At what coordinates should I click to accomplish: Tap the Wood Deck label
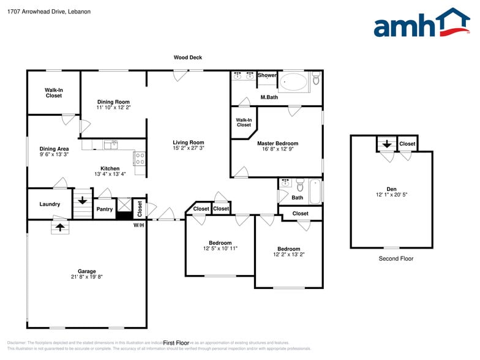click(187, 58)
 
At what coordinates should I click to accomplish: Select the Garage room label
click(86, 271)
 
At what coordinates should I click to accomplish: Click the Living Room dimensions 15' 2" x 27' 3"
click(188, 148)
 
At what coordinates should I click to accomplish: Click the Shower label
click(267, 75)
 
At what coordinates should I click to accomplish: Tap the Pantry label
click(105, 209)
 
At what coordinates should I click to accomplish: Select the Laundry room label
click(50, 204)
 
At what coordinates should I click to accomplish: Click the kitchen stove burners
click(140, 159)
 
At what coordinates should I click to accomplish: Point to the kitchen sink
click(110, 145)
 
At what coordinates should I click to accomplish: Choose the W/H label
click(139, 225)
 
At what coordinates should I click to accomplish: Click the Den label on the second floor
click(391, 189)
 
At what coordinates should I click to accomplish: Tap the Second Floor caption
click(396, 258)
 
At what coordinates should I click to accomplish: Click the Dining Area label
click(54, 149)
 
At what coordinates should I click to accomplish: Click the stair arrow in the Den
click(386, 144)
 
